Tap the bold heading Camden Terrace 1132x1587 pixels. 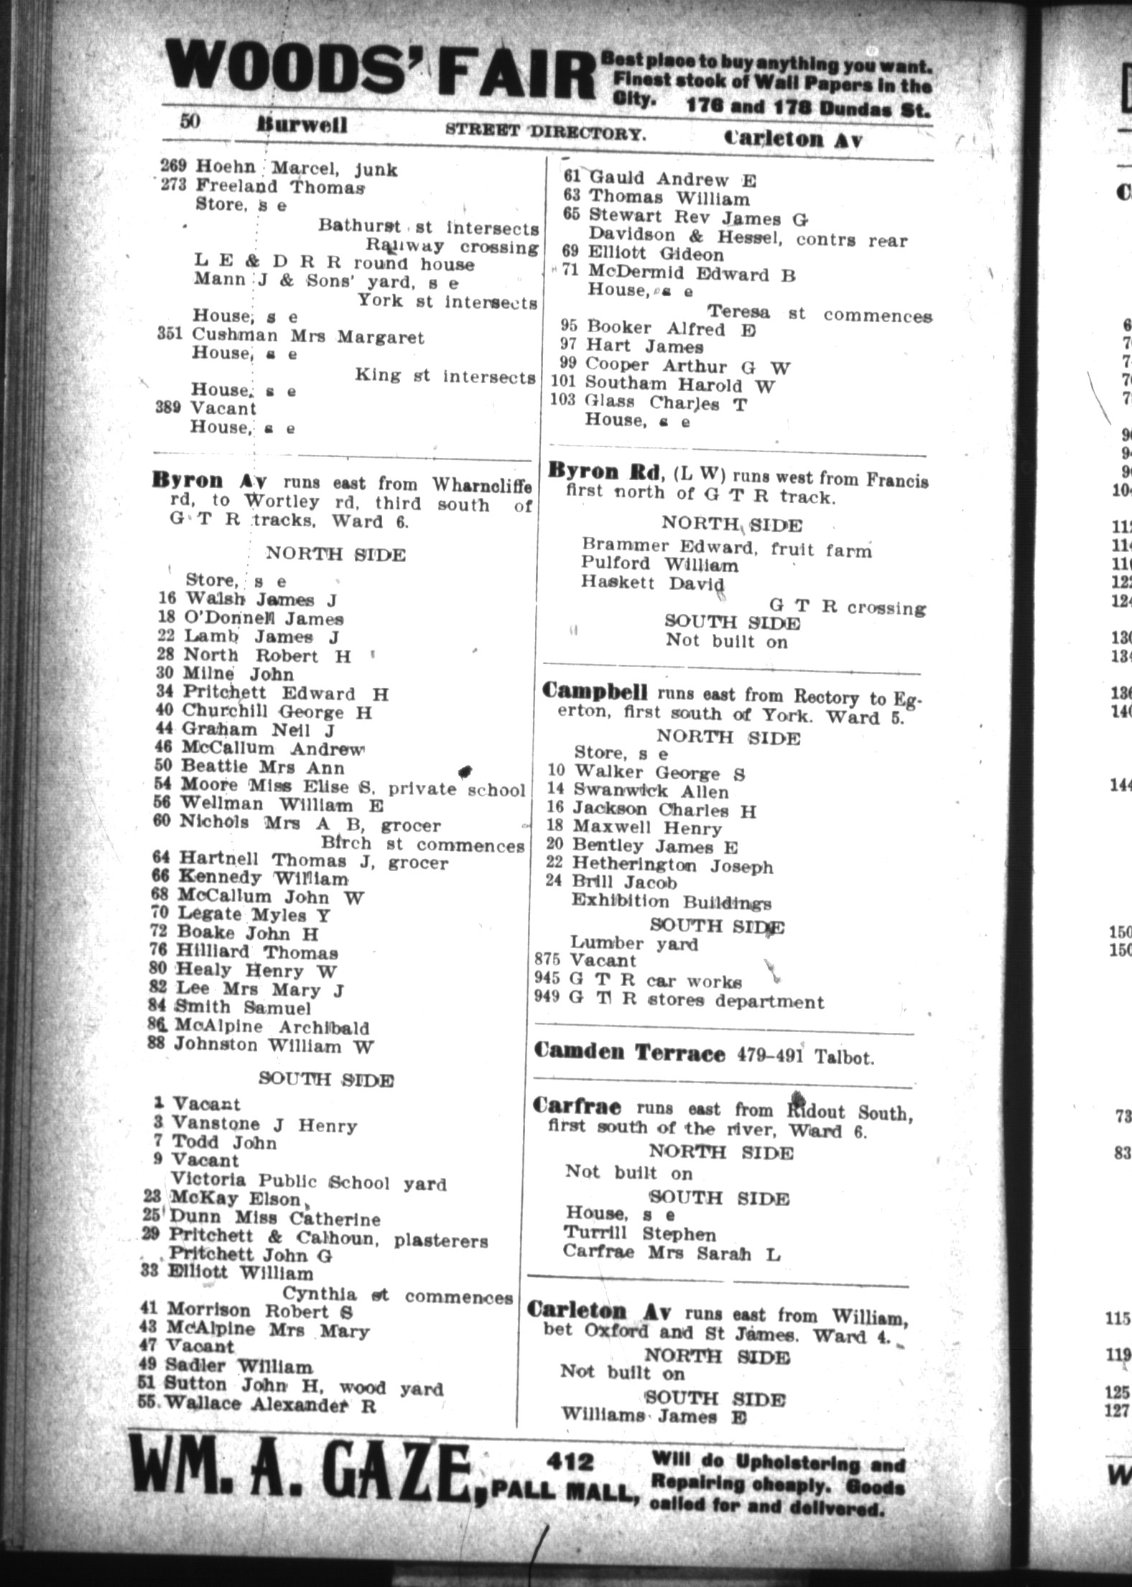click(x=629, y=1054)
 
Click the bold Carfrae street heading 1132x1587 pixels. click(x=577, y=1107)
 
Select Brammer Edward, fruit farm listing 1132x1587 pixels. click(x=726, y=548)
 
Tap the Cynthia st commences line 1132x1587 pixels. click(x=397, y=1295)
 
